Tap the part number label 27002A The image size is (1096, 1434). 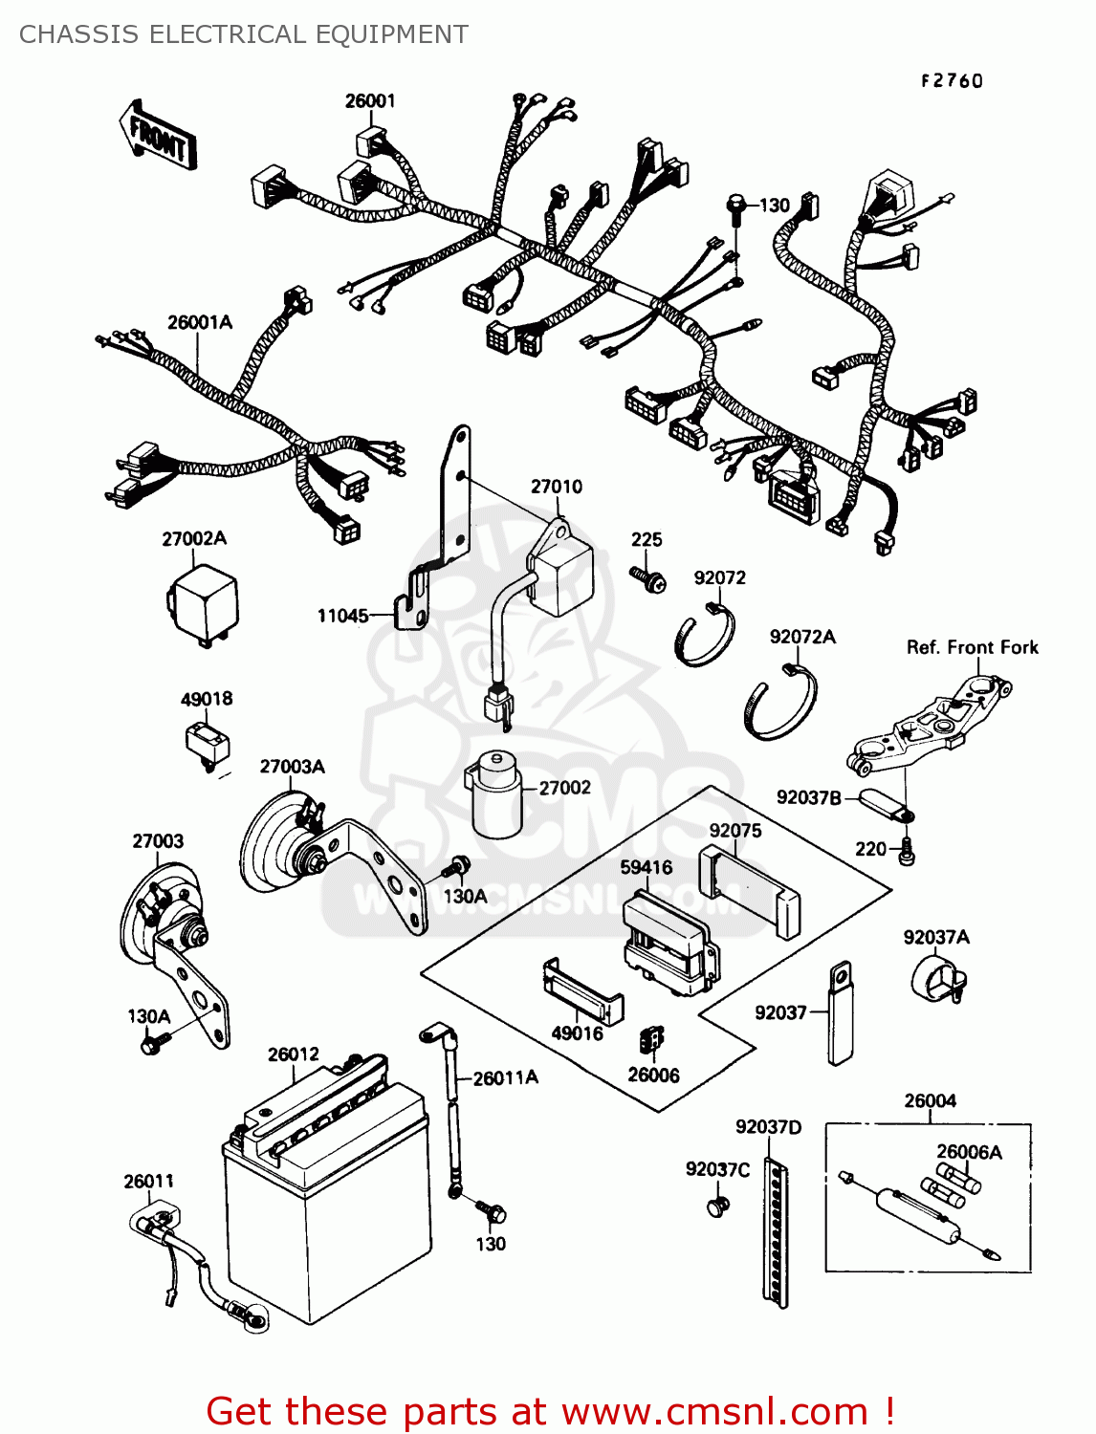pos(194,538)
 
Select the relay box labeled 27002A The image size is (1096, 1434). pos(203,603)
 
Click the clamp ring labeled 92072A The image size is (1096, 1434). pos(780,706)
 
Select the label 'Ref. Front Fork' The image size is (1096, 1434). pos(972,647)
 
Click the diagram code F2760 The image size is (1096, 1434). pos(952,81)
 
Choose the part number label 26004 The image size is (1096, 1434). pos(930,1100)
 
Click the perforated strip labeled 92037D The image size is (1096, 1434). pos(776,1234)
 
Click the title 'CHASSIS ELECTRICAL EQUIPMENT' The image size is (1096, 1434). pos(244,34)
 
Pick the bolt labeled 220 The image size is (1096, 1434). pos(907,851)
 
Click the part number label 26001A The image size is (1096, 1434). pos(199,322)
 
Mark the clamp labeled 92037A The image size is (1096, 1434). pos(936,980)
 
